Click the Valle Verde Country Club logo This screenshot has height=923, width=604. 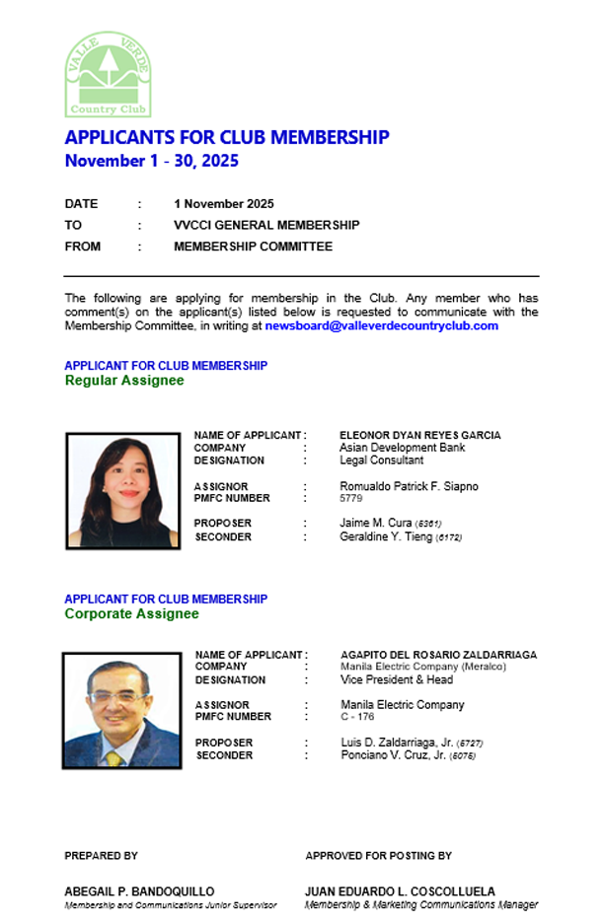click(x=109, y=74)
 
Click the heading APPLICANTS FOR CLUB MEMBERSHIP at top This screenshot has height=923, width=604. click(x=227, y=137)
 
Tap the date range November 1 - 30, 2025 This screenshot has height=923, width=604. click(x=152, y=161)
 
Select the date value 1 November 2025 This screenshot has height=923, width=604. click(x=224, y=204)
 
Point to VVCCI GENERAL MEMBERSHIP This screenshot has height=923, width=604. click(x=266, y=225)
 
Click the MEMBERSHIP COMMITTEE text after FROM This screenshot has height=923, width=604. click(x=253, y=247)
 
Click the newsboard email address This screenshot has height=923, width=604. click(x=382, y=325)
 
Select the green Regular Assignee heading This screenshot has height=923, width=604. click(x=124, y=381)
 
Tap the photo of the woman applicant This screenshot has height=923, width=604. click(x=123, y=490)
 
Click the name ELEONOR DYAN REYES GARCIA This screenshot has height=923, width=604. click(x=419, y=435)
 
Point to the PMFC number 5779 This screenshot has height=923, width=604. click(x=351, y=499)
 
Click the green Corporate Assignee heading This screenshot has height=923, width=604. click(x=131, y=613)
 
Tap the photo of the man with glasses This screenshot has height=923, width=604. click(x=121, y=709)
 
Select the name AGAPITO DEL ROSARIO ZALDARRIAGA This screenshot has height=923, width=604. click(x=438, y=655)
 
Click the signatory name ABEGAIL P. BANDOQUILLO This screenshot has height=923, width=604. click(x=139, y=891)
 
